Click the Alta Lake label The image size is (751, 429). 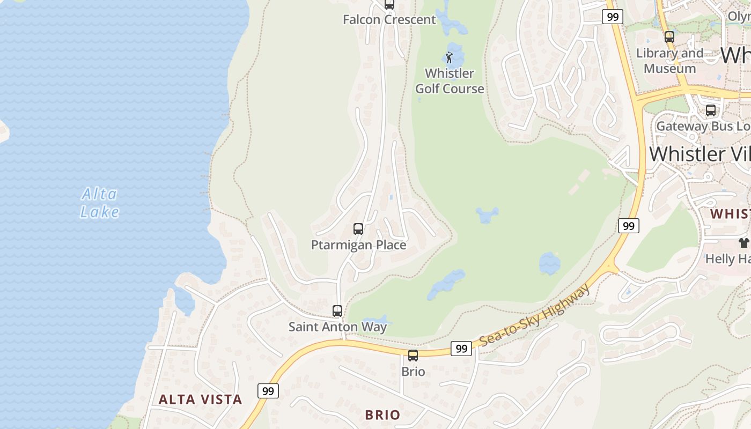[100, 203]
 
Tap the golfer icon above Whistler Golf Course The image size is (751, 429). [450, 57]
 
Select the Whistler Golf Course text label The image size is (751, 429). [450, 81]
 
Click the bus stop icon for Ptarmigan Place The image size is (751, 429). [358, 229]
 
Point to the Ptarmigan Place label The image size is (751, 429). [358, 245]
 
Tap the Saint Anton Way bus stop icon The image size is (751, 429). [337, 310]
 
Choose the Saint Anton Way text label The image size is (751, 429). [337, 327]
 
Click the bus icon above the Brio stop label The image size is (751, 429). [413, 355]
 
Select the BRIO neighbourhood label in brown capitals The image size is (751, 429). [382, 415]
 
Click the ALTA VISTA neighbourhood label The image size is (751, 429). [201, 399]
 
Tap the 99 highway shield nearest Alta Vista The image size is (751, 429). [268, 391]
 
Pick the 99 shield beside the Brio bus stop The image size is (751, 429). [461, 349]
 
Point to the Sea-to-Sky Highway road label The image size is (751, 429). [535, 316]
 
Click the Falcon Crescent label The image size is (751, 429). [389, 20]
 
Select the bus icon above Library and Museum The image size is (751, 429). [669, 37]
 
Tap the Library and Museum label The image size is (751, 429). [669, 61]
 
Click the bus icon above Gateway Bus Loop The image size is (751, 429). [711, 110]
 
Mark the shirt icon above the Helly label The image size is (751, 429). [743, 243]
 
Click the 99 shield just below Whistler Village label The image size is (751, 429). [628, 226]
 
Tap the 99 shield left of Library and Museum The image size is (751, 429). [612, 17]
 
